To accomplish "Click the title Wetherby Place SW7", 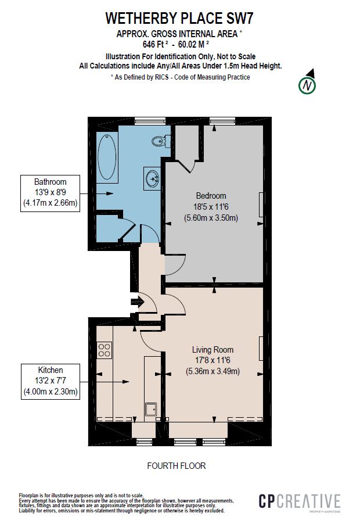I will pos(179,19).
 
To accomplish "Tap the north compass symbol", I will pos(307,85).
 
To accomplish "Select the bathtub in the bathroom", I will pos(107,157).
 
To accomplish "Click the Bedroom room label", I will pos(211,196).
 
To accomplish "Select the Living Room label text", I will pos(213,350).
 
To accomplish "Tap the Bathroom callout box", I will pos(50,192).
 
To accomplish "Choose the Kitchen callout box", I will pos(50,381).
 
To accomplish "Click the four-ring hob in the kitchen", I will pos(105,350).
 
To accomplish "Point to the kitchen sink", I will pos(152,409).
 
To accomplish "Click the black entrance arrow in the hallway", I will pos(138,302).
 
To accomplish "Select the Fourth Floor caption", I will pos(176,466).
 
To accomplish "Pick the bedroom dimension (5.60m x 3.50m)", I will pos(211,218).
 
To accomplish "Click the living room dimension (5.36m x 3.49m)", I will pos(213,372).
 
